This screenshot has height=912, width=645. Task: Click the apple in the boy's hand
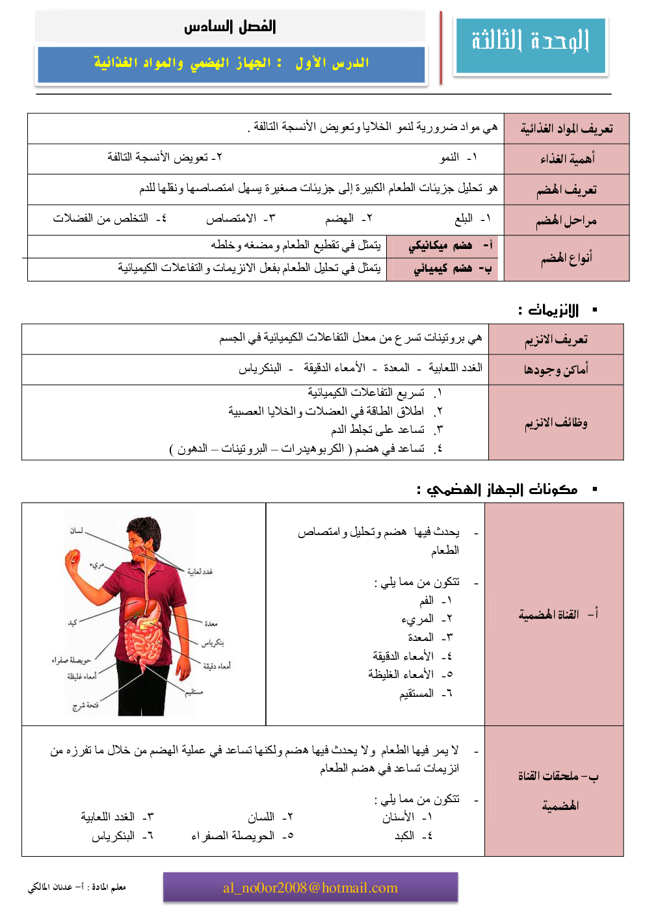(73, 556)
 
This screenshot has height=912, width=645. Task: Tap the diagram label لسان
(77, 531)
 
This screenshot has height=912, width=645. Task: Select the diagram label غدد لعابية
(200, 571)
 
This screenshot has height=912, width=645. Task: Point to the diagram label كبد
(72, 622)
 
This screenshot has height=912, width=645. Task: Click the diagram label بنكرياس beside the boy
(213, 642)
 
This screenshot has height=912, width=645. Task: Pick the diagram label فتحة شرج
(86, 706)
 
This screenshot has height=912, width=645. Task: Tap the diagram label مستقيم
(194, 692)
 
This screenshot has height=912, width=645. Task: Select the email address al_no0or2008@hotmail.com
(310, 888)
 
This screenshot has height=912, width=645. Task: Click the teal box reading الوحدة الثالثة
(531, 44)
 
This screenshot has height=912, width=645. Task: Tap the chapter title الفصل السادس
(230, 27)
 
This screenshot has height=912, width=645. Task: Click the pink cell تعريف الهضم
(566, 190)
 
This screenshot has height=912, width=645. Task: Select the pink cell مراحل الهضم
(566, 220)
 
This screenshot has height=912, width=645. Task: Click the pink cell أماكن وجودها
(556, 370)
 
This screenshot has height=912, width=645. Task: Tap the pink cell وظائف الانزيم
(556, 423)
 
